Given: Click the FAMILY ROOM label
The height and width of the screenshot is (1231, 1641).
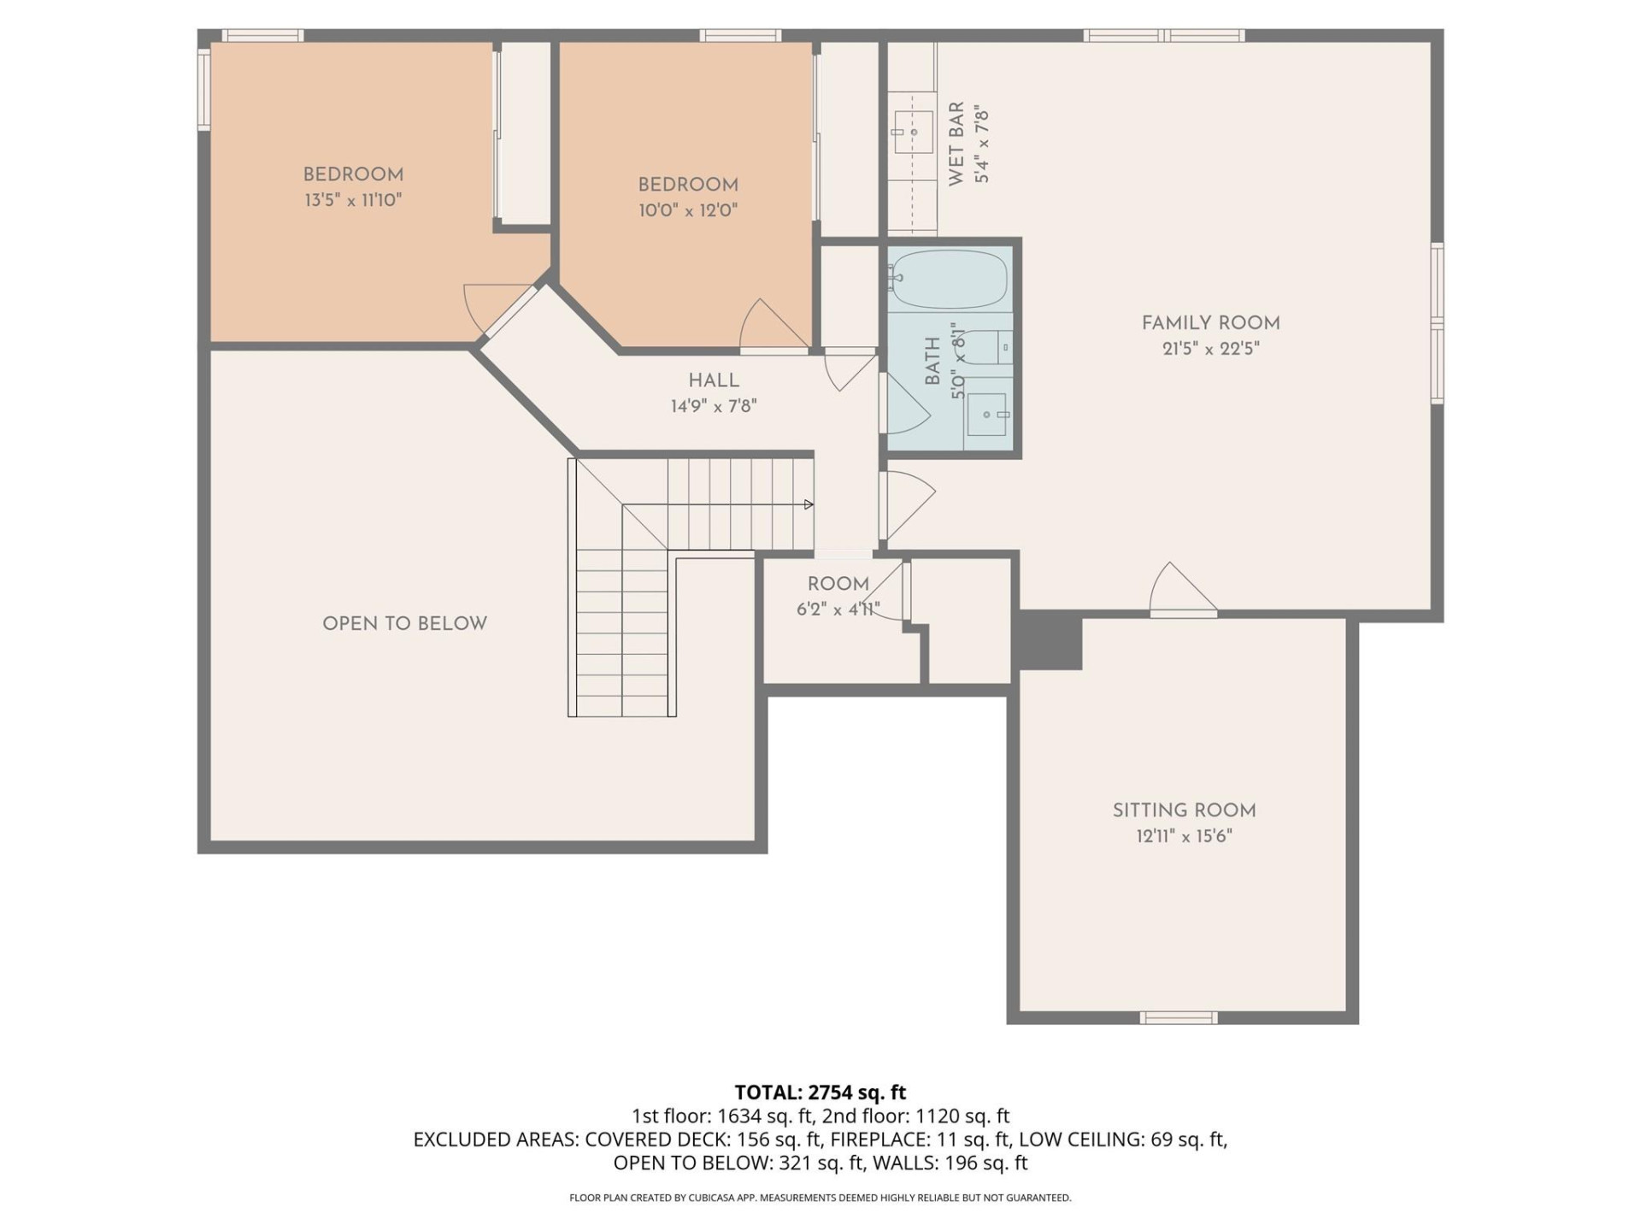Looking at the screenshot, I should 1210,323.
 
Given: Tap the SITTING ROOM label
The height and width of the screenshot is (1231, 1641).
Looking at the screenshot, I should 1184,810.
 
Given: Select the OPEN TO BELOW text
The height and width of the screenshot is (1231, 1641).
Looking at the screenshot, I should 404,624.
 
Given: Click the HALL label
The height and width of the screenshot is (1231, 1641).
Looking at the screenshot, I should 714,380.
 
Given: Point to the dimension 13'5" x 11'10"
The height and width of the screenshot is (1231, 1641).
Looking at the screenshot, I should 353,201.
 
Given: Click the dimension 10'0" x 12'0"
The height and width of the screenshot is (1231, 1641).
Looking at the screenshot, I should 688,210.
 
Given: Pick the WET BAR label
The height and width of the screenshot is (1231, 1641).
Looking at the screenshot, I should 956,143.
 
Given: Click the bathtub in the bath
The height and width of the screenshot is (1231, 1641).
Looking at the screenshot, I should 947,279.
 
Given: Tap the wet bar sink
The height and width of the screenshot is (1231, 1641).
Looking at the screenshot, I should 913,133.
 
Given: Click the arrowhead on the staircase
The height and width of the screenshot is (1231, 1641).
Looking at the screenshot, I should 809,504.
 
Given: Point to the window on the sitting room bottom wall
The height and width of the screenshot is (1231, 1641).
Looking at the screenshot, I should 1179,1017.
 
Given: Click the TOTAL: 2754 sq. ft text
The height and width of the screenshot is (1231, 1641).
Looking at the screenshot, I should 820,1093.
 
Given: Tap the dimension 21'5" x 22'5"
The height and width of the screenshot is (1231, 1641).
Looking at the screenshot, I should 1210,349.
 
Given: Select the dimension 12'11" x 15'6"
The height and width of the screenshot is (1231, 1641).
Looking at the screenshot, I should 1184,836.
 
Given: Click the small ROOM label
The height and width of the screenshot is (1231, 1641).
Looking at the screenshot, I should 838,584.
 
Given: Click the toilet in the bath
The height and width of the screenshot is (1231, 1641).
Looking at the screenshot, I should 993,348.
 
